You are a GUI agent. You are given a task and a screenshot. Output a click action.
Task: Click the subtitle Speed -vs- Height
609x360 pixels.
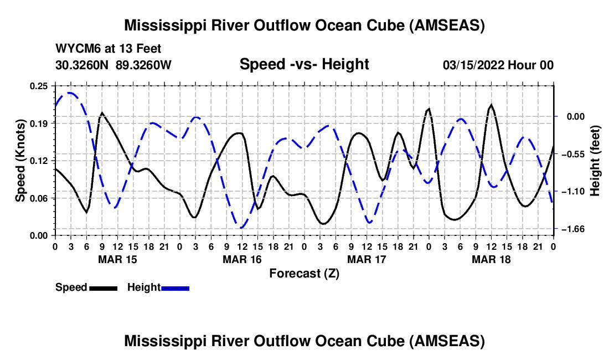[304, 65]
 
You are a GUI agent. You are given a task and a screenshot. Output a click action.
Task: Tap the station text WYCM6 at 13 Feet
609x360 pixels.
[109, 49]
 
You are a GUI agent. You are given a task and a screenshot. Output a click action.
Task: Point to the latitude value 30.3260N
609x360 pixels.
[82, 65]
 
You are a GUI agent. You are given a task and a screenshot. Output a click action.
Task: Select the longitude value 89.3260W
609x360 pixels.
[144, 65]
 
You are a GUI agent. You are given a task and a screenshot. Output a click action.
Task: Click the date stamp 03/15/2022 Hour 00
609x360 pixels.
[498, 65]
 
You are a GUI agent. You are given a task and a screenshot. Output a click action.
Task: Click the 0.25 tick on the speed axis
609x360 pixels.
[39, 85]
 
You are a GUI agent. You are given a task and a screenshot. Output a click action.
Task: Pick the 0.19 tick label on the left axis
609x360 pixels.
[39, 123]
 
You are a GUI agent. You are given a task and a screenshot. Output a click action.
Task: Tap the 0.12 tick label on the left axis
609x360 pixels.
[39, 161]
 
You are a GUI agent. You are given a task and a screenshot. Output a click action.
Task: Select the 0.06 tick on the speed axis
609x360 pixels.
[39, 198]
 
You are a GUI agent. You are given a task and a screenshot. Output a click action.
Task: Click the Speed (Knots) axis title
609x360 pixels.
[20, 161]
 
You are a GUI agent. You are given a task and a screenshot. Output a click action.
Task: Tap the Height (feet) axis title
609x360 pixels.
[596, 161]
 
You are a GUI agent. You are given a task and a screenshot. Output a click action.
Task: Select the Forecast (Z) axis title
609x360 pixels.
[304, 273]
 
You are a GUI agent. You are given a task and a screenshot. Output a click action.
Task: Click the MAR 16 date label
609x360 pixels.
[242, 259]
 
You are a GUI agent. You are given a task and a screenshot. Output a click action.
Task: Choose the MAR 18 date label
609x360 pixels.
[491, 259]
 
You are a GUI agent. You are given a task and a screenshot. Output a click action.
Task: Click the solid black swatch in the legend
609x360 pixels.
[103, 288]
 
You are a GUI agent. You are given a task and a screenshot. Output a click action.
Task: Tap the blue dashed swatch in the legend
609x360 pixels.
[176, 288]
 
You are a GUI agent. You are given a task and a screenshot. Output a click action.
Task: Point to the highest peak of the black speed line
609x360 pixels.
[491, 105]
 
